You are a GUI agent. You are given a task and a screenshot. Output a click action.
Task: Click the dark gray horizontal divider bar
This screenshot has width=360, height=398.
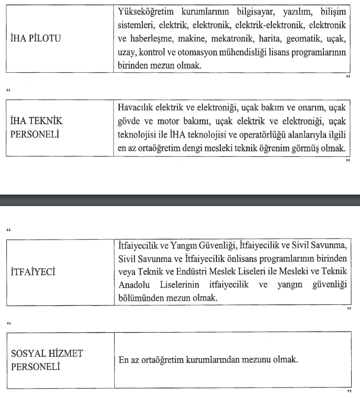click(x=180, y=200)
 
